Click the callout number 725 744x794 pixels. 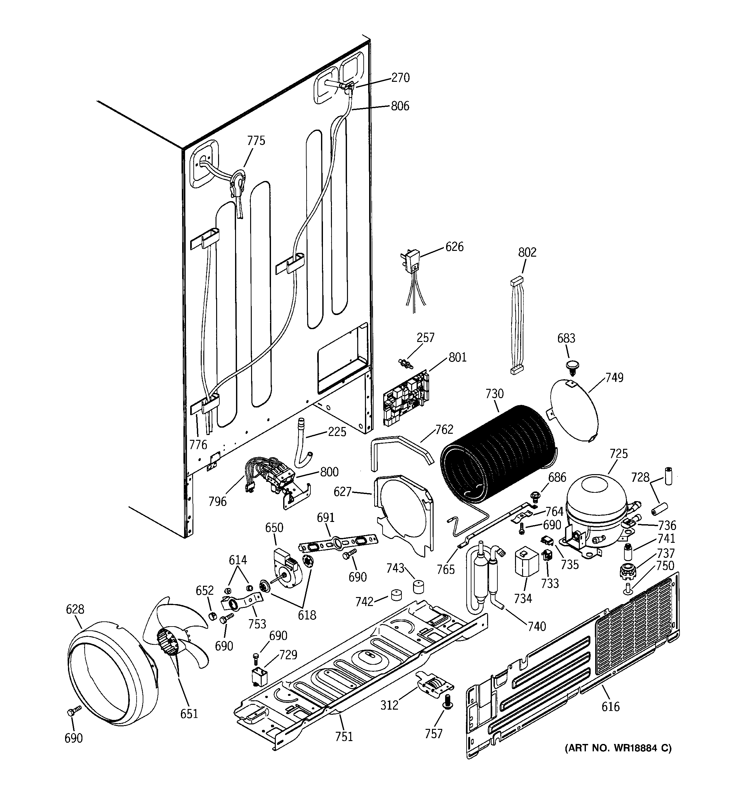[619, 454]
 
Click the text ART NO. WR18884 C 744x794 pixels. [618, 748]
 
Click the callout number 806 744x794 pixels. [400, 106]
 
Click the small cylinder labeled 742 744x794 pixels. [397, 595]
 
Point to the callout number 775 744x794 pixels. [256, 141]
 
